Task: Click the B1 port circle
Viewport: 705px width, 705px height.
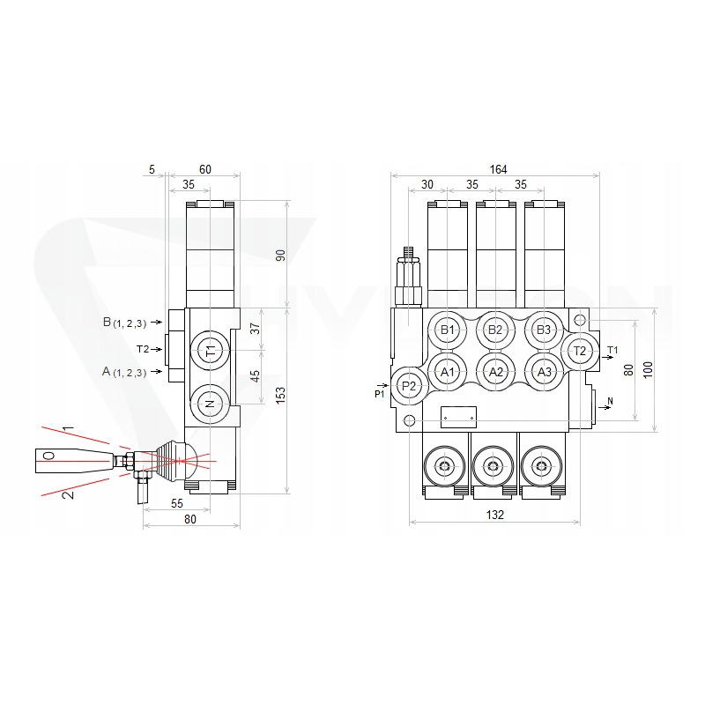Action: pyautogui.click(x=448, y=330)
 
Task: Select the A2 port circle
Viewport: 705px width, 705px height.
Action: pyautogui.click(x=495, y=372)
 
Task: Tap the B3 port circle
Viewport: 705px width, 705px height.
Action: pyautogui.click(x=544, y=330)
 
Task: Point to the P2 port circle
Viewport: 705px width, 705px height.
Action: pyautogui.click(x=409, y=385)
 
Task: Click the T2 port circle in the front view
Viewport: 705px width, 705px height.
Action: pyautogui.click(x=580, y=351)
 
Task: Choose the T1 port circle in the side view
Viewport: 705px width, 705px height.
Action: pyautogui.click(x=210, y=350)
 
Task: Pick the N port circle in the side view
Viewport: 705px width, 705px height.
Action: pyautogui.click(x=210, y=404)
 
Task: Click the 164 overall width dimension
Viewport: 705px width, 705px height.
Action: pyautogui.click(x=498, y=169)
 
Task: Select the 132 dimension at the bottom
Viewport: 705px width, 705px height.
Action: pyautogui.click(x=495, y=515)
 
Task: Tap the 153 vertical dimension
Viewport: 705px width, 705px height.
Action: pyautogui.click(x=280, y=395)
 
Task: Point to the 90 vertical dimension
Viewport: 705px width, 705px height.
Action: pyautogui.click(x=280, y=256)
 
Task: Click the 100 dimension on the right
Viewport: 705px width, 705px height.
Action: pyautogui.click(x=648, y=369)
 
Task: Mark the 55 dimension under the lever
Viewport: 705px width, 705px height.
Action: pyautogui.click(x=177, y=503)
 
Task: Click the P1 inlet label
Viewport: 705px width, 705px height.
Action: pyautogui.click(x=380, y=394)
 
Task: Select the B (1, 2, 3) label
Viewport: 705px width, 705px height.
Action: pyautogui.click(x=124, y=323)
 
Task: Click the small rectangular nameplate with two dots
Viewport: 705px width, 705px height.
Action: pyautogui.click(x=458, y=417)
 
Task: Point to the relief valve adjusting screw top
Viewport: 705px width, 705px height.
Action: pyautogui.click(x=408, y=251)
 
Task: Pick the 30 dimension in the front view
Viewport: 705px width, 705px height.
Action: pyautogui.click(x=427, y=184)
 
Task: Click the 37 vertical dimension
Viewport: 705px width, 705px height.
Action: pyautogui.click(x=255, y=329)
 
